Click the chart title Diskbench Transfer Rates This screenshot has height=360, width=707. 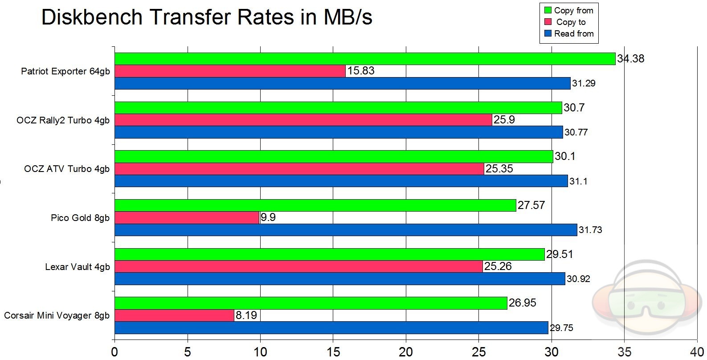tap(206, 17)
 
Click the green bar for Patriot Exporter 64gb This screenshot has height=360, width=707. tap(365, 59)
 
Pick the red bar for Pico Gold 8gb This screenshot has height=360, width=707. tap(187, 217)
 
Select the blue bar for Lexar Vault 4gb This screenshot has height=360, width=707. tap(340, 279)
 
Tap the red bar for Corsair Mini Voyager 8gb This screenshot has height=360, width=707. tap(174, 315)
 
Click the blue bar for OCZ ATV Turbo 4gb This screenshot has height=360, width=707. tap(341, 181)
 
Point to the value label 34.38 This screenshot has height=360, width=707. tap(630, 59)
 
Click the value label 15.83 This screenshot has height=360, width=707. tap(361, 71)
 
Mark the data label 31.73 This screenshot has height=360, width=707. tap(590, 230)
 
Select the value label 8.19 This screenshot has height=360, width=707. tap(246, 315)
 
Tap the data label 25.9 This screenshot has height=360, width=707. tap(504, 120)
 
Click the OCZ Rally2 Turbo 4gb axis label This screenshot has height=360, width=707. tap(63, 120)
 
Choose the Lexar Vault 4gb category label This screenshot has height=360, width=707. tap(77, 267)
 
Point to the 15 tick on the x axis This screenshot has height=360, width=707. tap(333, 352)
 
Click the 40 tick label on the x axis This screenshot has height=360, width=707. tap(697, 352)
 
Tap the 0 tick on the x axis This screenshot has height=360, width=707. tap(115, 352)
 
